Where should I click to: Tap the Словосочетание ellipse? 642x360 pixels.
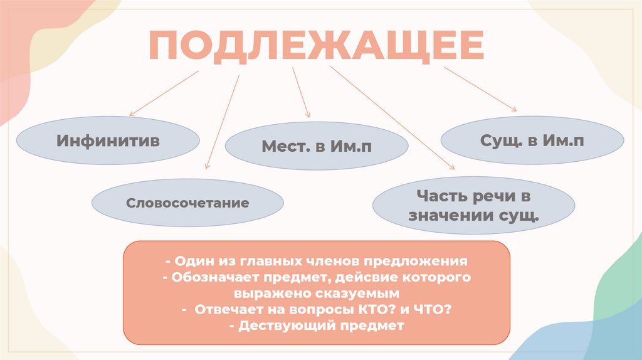coord(187,203)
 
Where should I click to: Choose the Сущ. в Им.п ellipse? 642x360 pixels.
coord(532,141)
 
